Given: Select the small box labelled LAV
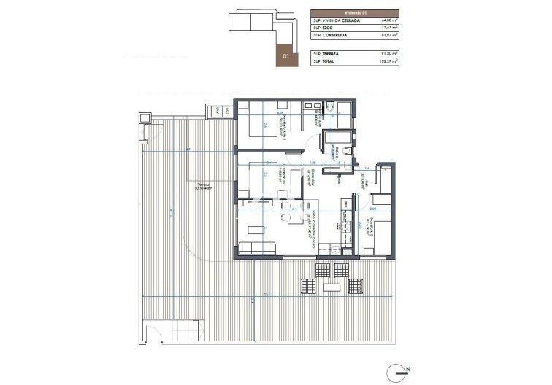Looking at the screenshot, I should [218, 111].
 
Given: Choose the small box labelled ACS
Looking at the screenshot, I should [228, 111].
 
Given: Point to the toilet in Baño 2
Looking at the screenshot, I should [350, 150].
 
